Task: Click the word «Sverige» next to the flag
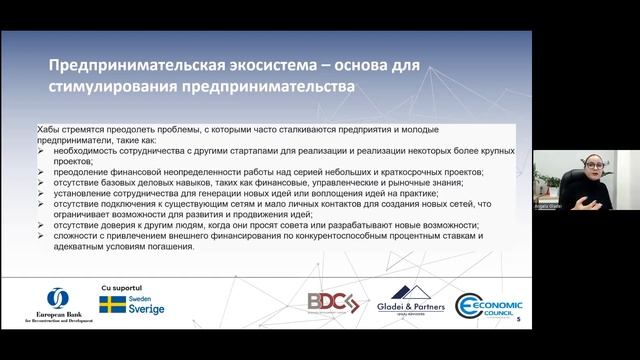(146, 309)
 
